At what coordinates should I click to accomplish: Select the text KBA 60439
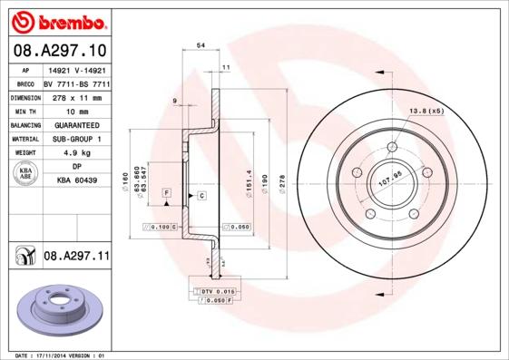77,181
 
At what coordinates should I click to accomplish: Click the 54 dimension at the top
200,44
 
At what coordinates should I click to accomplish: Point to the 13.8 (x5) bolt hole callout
426,110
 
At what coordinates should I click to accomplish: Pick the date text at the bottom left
57,355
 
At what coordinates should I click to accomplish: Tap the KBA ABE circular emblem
25,174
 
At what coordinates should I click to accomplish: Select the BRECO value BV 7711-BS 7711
77,82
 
